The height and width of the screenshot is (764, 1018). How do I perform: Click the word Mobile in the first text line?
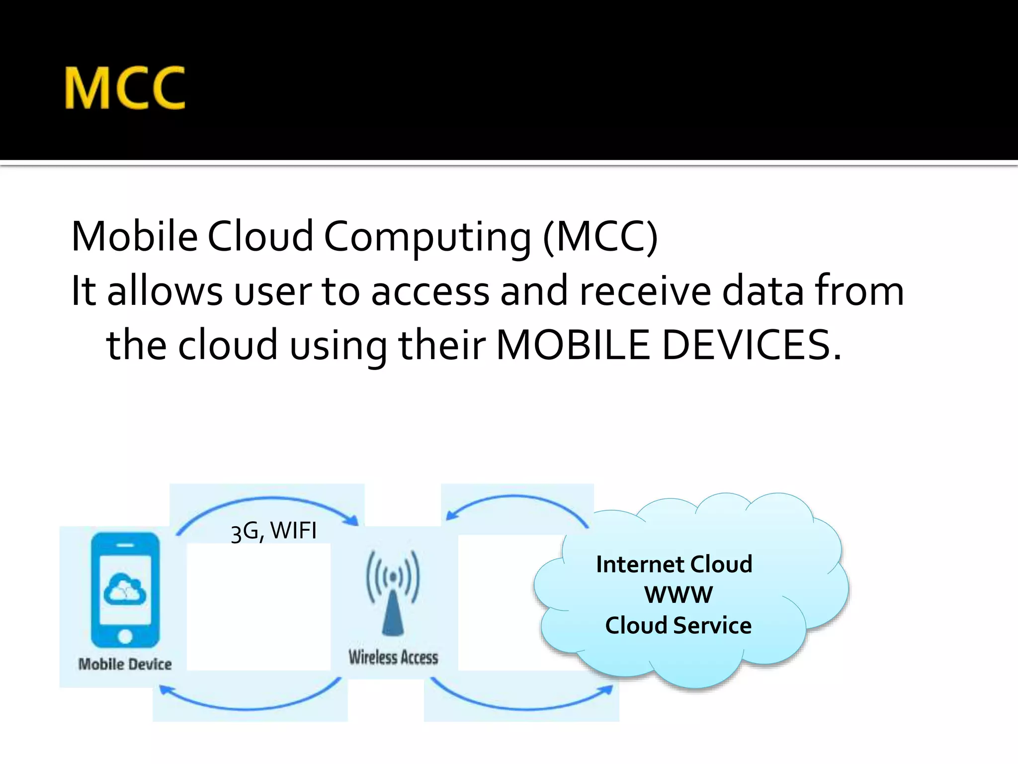click(134, 236)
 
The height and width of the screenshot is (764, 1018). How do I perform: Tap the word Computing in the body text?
click(427, 237)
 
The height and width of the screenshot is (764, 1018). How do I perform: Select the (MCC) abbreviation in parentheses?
click(600, 237)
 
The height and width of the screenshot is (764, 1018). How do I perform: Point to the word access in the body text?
click(430, 291)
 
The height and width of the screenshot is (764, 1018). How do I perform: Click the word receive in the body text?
click(645, 291)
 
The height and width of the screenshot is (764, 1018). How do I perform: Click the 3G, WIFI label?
click(273, 531)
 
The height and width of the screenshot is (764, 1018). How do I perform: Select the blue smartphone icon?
click(125, 590)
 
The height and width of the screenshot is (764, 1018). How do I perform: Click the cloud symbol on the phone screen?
click(125, 589)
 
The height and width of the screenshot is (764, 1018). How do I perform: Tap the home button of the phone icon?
click(125, 636)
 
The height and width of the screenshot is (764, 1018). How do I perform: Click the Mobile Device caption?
click(125, 664)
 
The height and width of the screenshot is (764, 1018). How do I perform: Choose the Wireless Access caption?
click(393, 657)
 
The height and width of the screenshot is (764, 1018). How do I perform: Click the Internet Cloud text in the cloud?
click(674, 565)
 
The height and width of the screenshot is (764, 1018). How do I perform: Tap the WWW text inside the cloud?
click(678, 595)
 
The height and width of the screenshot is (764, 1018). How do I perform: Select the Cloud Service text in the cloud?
click(678, 626)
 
